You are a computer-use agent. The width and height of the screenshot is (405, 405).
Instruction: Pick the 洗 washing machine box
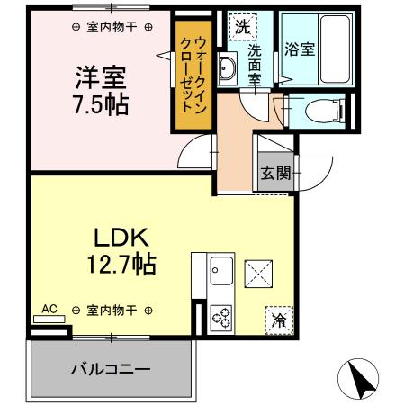point(241,26)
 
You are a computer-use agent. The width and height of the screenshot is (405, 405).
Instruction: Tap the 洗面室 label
point(255,66)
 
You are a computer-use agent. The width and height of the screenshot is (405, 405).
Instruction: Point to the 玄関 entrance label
point(275,175)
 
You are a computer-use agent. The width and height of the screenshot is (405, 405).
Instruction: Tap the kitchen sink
point(221,269)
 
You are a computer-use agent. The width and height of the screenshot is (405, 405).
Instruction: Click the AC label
point(49,309)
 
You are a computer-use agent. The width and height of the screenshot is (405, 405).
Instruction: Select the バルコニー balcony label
point(110,369)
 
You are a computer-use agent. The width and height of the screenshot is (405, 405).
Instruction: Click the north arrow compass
point(361,379)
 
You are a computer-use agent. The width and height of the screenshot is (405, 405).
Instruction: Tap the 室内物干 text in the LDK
point(112,310)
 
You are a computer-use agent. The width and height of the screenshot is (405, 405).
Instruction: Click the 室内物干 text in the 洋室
point(112,28)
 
